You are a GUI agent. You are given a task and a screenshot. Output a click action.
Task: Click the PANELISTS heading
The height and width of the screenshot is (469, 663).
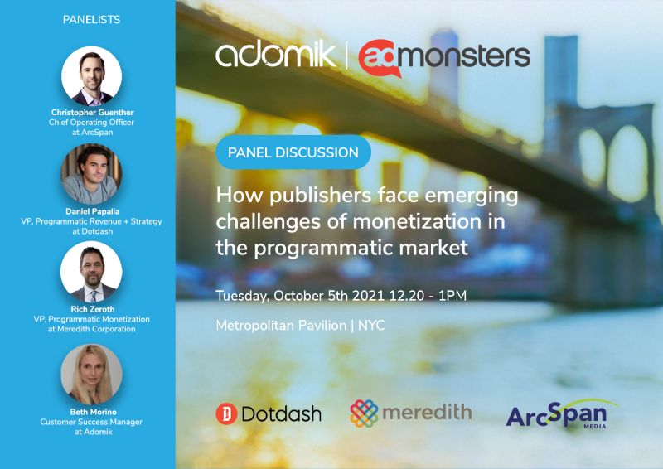point(91,19)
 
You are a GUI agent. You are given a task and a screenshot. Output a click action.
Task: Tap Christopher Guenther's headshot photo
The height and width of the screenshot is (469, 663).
point(92,76)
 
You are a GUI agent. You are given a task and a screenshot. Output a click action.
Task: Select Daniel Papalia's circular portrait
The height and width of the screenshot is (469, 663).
point(92,174)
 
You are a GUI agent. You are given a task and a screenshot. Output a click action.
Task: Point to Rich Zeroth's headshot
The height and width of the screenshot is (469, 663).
point(92,272)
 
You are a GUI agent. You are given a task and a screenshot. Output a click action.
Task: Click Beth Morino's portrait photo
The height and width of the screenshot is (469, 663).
point(92,375)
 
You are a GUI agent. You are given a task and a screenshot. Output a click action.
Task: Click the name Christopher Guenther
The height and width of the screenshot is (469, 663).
point(92,113)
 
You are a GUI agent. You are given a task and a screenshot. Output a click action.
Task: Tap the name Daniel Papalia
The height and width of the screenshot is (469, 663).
point(92,211)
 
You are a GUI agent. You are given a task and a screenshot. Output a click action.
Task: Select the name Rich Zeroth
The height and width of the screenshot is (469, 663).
point(93,309)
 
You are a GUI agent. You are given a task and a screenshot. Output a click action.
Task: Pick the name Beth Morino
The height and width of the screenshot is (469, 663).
point(93,412)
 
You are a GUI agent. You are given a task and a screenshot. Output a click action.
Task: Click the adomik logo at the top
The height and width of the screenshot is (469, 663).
point(276,54)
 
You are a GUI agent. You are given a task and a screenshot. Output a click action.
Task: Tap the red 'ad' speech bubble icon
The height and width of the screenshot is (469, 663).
point(380,58)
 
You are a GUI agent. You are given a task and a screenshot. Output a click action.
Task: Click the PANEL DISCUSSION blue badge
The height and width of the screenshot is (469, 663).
point(293,152)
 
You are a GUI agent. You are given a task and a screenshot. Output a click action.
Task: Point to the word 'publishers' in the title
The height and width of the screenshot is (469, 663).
point(320,196)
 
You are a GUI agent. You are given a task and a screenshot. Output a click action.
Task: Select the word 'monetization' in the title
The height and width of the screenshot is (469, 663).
point(417,221)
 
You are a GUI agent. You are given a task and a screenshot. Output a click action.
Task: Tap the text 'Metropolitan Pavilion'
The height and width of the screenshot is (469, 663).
point(281,325)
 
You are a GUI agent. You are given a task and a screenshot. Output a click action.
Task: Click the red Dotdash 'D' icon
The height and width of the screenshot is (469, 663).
point(226,413)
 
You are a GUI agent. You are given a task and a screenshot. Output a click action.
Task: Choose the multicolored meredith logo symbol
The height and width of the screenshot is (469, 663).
point(364,413)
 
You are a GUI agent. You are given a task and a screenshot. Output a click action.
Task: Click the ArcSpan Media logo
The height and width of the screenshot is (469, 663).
point(562,414)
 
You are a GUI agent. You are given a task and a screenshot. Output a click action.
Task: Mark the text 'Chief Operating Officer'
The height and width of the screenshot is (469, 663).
point(91,122)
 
